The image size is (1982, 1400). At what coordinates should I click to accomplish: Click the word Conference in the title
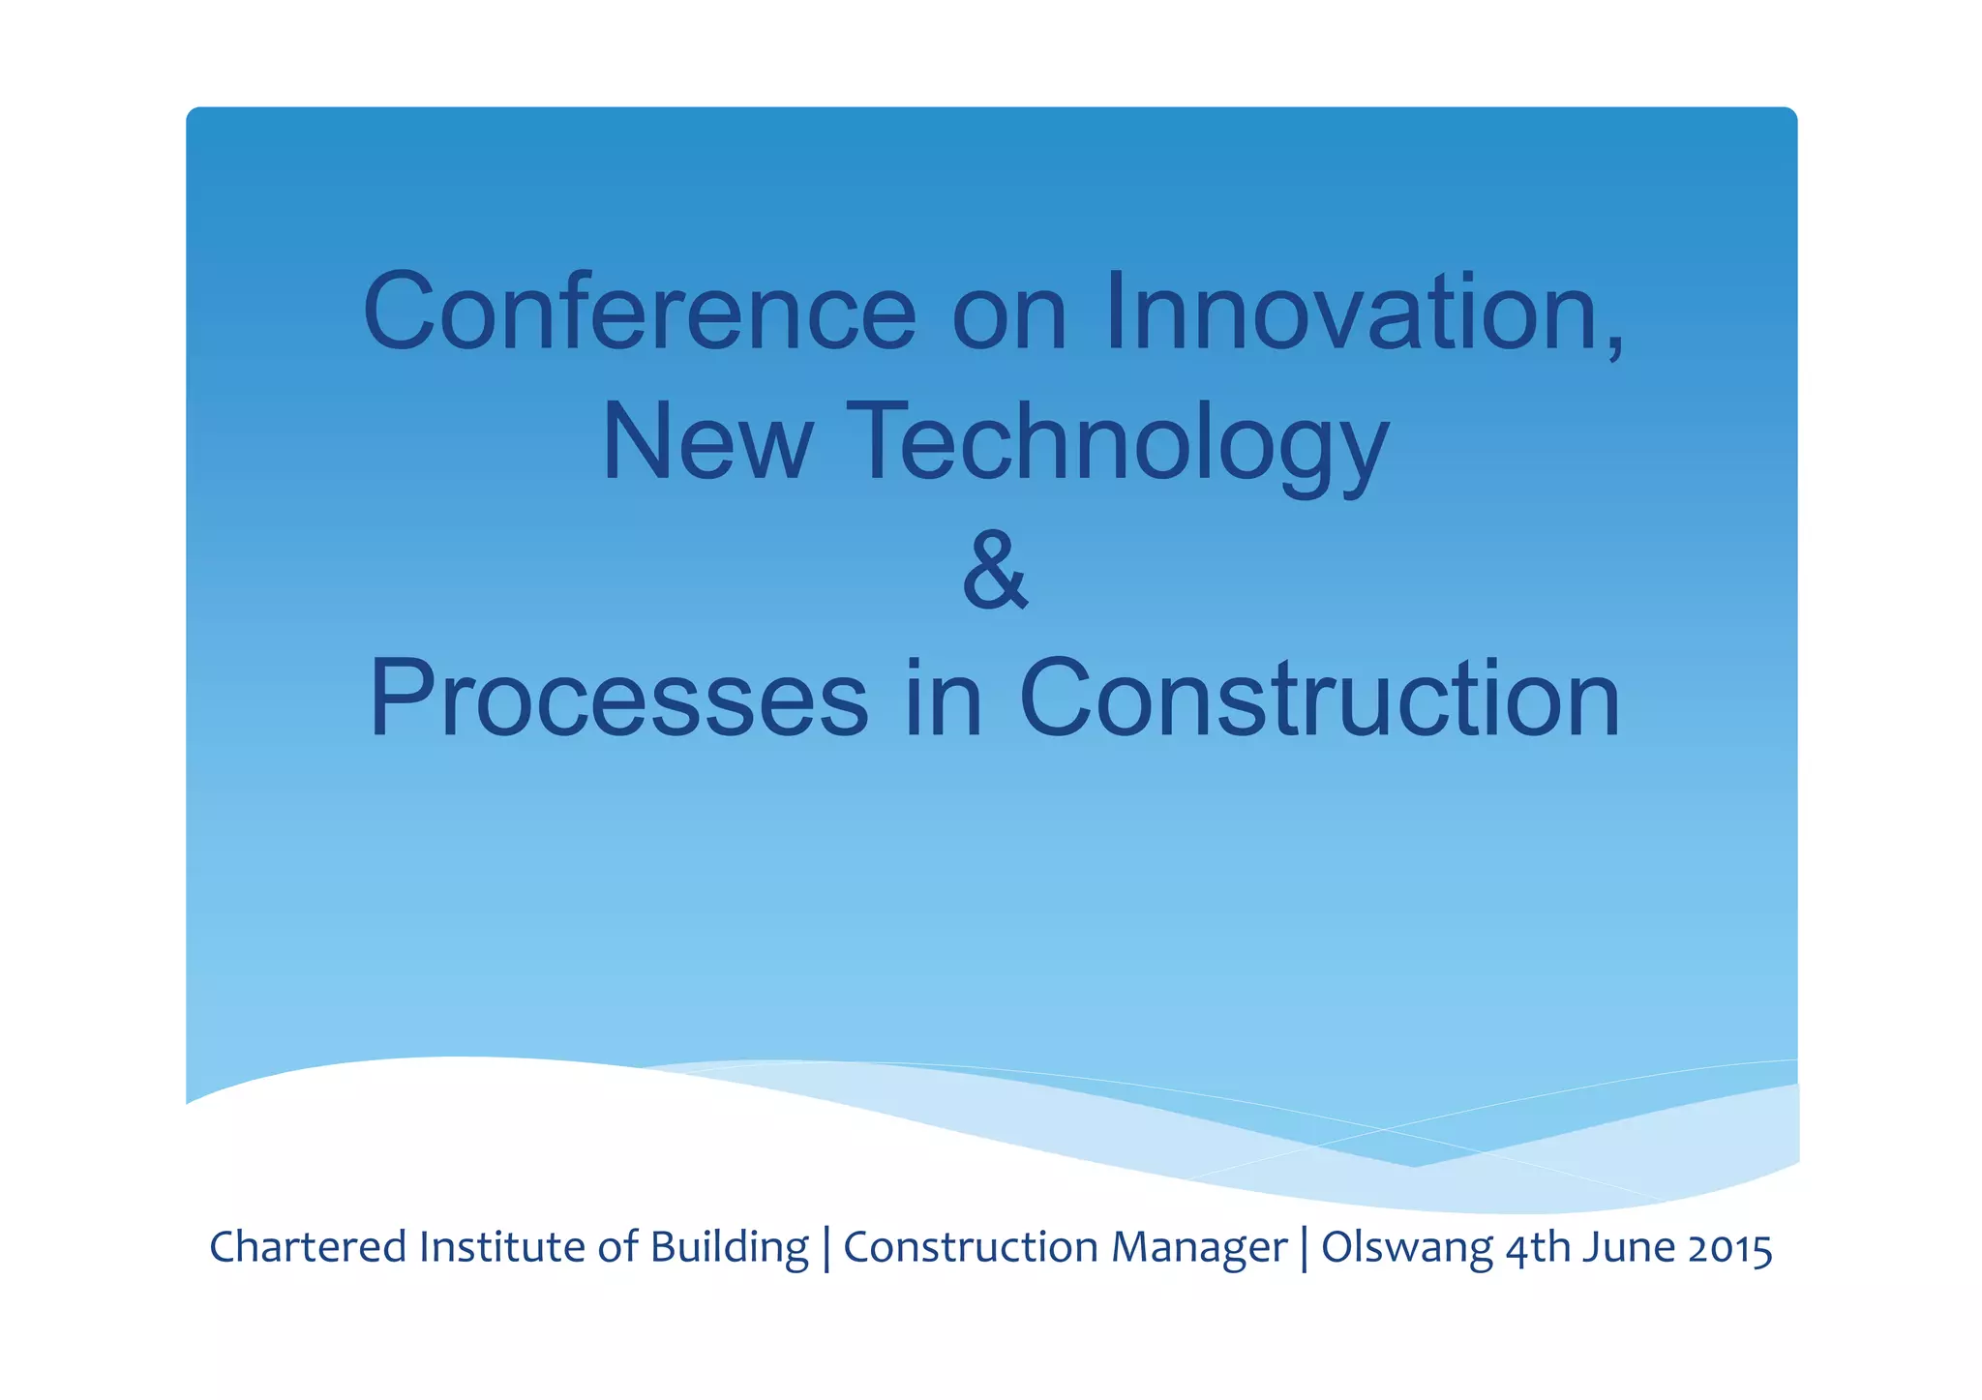coord(639,312)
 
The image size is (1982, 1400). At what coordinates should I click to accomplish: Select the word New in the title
coord(706,442)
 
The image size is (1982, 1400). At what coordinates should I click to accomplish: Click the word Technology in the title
coord(1118,442)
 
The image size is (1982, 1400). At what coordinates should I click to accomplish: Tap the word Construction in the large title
coord(1318,699)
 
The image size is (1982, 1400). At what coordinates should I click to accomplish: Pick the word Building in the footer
coord(729,1247)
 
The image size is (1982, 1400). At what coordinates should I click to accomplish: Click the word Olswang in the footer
coord(1406,1247)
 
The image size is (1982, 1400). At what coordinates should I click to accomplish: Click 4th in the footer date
coord(1539,1247)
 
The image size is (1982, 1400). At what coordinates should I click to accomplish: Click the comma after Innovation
coord(1614,343)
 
